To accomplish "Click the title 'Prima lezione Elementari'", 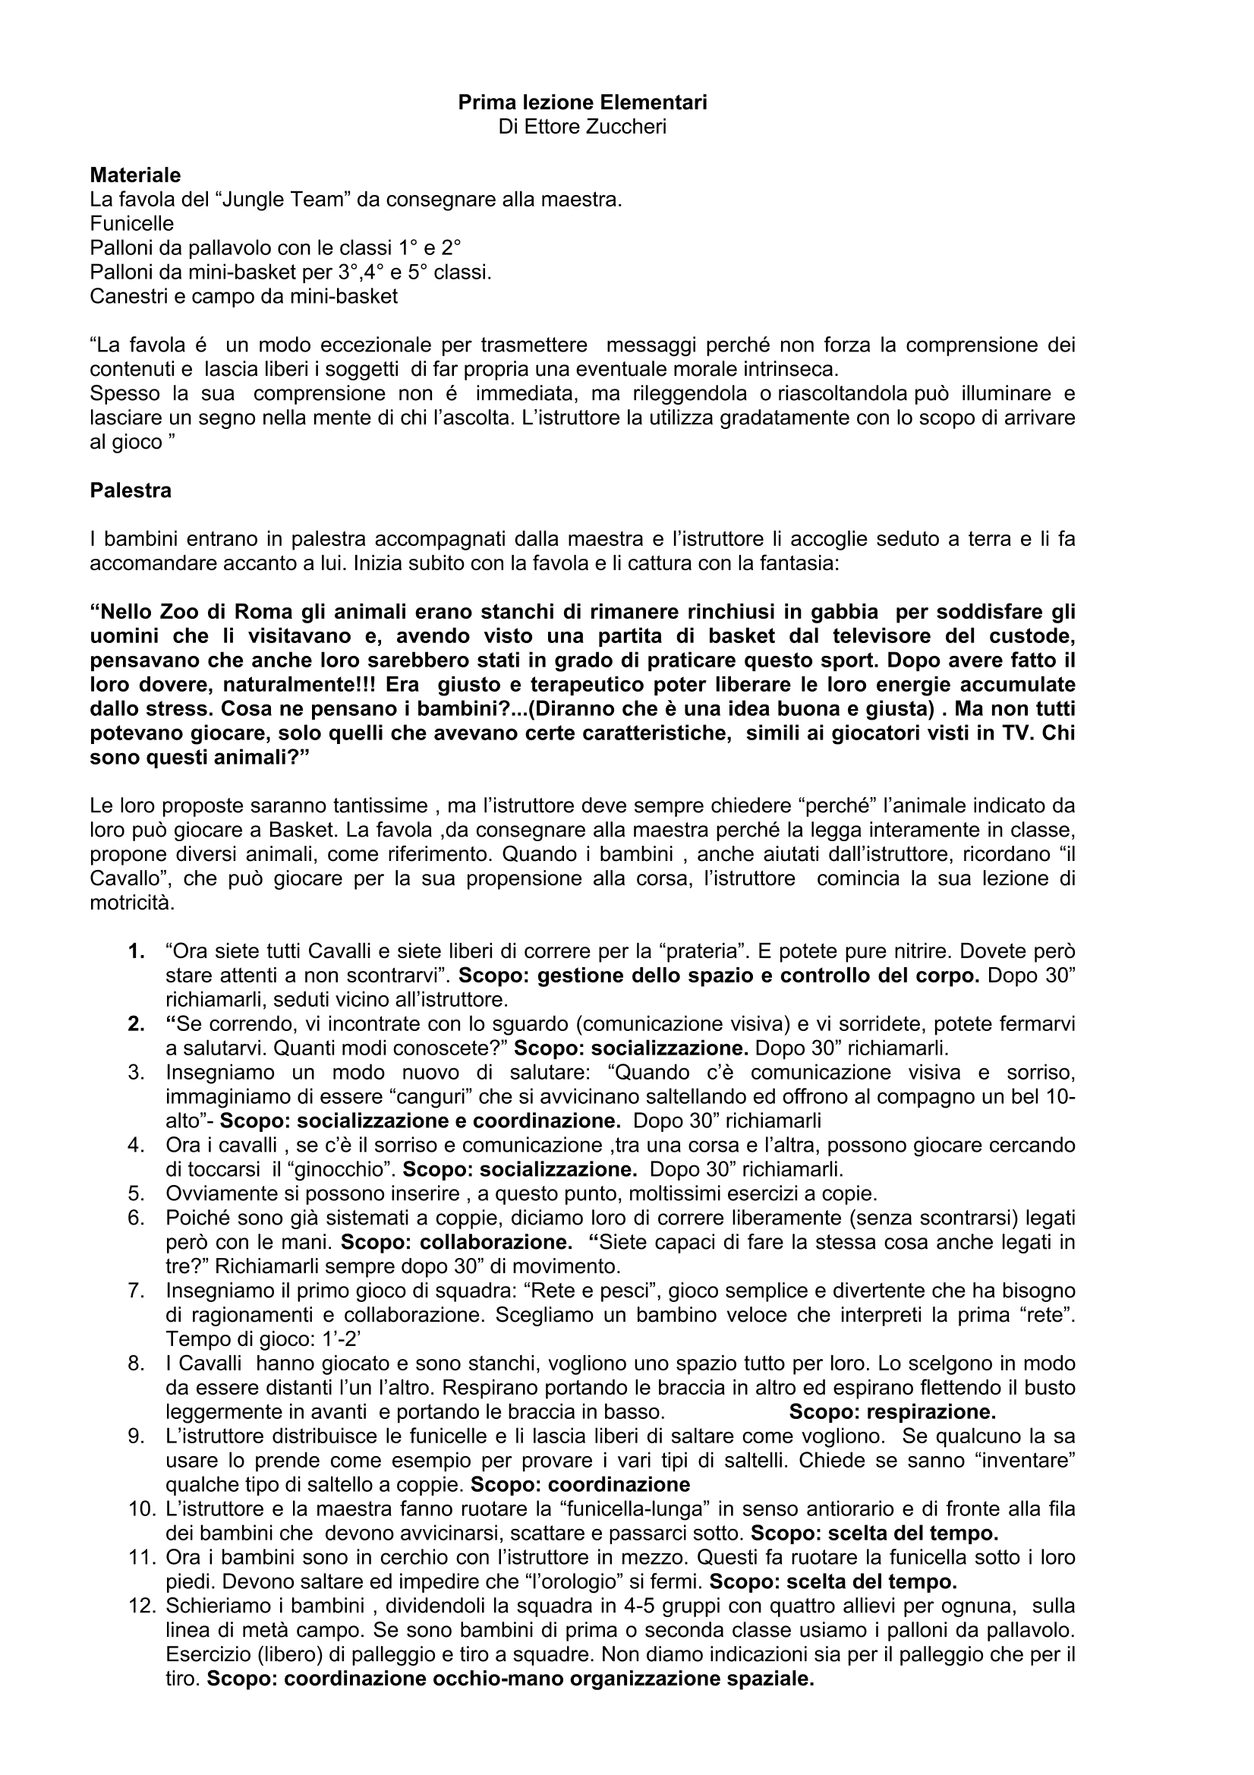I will pos(582,102).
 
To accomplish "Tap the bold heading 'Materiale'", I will pos(135,175).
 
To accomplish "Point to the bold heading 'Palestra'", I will pos(131,491).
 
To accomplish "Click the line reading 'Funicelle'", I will pos(131,224).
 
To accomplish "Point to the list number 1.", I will pos(137,951).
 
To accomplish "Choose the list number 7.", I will pos(137,1291).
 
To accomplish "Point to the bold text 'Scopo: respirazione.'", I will pos(892,1411).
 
